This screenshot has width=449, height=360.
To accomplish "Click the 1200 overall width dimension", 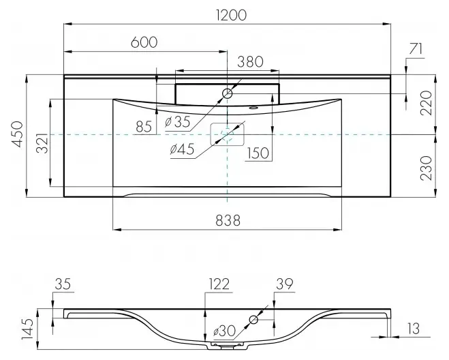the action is pos(232,16).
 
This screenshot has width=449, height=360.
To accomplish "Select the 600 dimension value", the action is pos(144,42).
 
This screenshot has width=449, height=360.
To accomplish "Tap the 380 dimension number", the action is pos(250,61).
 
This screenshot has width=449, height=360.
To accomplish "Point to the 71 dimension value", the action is pos(416,48).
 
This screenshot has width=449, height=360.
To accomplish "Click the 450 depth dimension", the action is pos(18,134).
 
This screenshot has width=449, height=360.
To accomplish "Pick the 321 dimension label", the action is pos(43,143).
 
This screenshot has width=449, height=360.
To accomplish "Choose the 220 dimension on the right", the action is pos(427,103).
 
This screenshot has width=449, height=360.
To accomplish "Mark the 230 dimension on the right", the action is pos(427,168).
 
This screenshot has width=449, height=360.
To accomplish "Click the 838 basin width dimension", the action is pos(228,221).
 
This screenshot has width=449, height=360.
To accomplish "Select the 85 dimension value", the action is pos(144,126).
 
